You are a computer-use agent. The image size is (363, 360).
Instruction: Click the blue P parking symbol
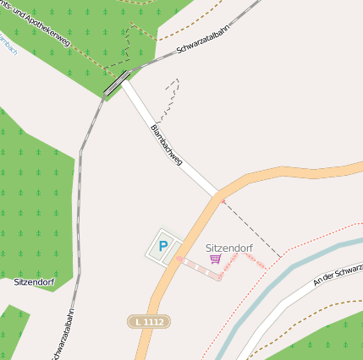(x=162, y=247)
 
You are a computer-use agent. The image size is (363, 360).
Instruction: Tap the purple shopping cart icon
(x=216, y=259)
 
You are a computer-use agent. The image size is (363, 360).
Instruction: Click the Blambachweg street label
(x=166, y=145)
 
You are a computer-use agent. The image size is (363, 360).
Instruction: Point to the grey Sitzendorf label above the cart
(x=229, y=248)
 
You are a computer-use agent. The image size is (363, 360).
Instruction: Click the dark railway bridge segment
(x=117, y=83)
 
